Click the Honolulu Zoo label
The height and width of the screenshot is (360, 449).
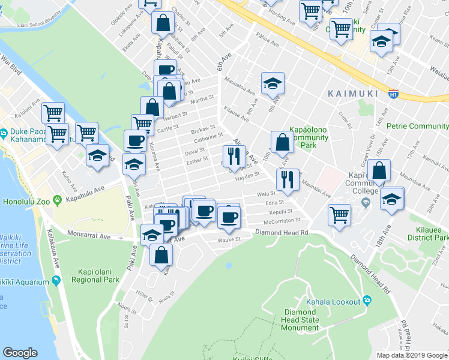click(x=28, y=199)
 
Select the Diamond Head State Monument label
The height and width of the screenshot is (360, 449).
click(x=300, y=320)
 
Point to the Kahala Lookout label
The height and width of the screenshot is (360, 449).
click(x=332, y=301)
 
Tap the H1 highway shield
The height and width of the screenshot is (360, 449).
click(x=394, y=94)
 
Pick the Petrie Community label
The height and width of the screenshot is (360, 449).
click(x=418, y=126)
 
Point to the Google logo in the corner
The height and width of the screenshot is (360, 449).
click(x=20, y=353)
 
